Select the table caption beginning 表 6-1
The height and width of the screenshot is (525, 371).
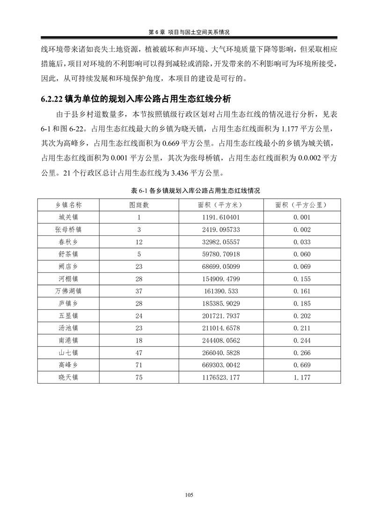(189, 191)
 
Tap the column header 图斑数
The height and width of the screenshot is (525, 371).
(139, 205)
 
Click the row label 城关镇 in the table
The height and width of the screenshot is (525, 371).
(68, 217)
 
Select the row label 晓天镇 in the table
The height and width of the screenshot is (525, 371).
(68, 377)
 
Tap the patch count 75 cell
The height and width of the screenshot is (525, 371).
(139, 377)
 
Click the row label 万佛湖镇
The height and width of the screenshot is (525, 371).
(68, 291)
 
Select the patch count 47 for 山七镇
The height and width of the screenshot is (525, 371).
(139, 352)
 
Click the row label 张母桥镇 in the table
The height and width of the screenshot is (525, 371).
(68, 229)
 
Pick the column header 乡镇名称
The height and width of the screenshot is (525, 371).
(68, 205)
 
